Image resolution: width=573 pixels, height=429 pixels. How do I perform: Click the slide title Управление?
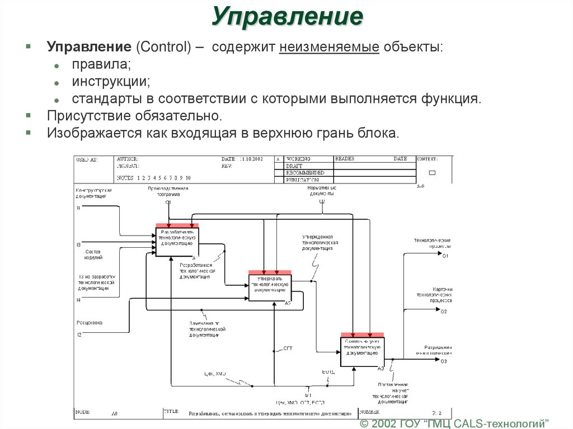pyautogui.click(x=287, y=17)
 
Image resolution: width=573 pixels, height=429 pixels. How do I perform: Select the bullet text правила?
pyautogui.click(x=101, y=64)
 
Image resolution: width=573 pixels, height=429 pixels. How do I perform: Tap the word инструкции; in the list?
pyautogui.click(x=111, y=82)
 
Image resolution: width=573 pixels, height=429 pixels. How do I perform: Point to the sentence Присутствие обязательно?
pyautogui.click(x=134, y=116)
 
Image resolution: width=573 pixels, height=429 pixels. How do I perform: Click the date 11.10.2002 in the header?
pyautogui.click(x=251, y=159)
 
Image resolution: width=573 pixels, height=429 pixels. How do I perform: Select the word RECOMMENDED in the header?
pyautogui.click(x=305, y=173)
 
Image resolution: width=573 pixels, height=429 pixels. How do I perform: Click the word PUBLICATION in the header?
pyautogui.click(x=302, y=180)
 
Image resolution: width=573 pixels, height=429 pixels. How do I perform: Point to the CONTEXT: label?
pyautogui.click(x=428, y=159)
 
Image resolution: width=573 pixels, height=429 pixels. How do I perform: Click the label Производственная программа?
pyautogui.click(x=168, y=192)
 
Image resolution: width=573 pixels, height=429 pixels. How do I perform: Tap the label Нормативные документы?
pyautogui.click(x=322, y=192)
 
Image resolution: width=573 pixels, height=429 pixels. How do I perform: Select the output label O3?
pyautogui.click(x=444, y=361)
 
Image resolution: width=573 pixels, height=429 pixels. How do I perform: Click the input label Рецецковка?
pyautogui.click(x=89, y=323)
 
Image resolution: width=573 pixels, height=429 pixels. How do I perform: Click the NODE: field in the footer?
pyautogui.click(x=82, y=411)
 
